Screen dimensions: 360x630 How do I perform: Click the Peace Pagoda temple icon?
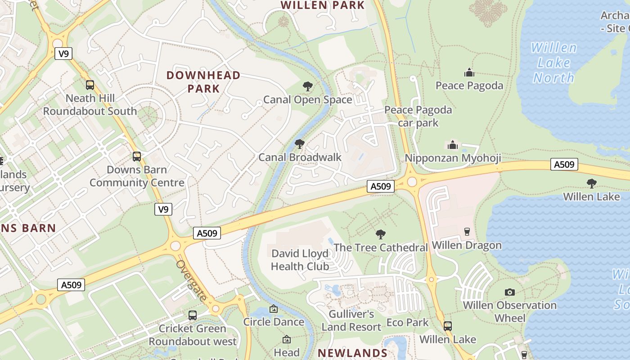(469, 72)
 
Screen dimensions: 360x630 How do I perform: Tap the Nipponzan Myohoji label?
(453, 158)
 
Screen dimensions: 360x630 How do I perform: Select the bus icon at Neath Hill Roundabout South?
(90, 85)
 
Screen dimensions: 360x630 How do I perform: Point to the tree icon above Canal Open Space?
(308, 86)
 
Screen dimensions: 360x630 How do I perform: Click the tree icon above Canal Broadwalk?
(299, 144)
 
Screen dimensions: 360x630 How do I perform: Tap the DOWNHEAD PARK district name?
(204, 81)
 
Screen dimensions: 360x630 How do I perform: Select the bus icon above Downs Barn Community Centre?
(137, 157)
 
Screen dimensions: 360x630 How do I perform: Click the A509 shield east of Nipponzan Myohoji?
(564, 164)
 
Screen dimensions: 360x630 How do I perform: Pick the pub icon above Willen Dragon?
(467, 231)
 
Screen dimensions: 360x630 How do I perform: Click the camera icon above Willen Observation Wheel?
(509, 292)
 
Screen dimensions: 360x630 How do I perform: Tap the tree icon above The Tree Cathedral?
(381, 234)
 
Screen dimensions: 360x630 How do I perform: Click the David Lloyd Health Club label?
(300, 260)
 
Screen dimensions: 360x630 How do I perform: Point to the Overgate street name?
(192, 281)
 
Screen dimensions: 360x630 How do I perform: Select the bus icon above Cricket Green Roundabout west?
(193, 315)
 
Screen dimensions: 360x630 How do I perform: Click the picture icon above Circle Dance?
(273, 309)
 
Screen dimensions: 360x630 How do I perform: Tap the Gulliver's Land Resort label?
(351, 320)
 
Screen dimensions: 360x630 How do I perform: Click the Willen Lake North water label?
(553, 63)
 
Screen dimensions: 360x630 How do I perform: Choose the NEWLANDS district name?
(352, 353)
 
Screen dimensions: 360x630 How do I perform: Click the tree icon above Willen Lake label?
(591, 183)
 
